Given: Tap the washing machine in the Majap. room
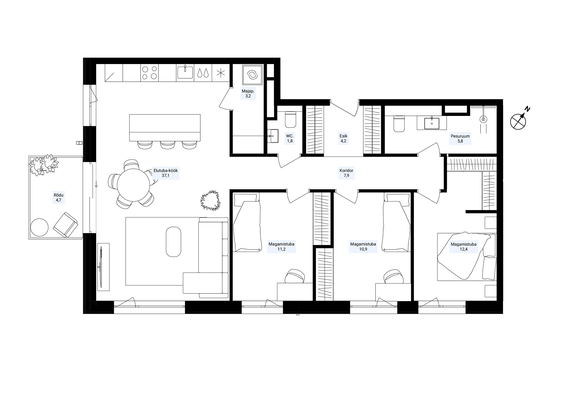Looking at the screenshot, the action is tap(252, 75).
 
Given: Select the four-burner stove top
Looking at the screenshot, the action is tap(150, 73).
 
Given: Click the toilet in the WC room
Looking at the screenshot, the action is tap(290, 120).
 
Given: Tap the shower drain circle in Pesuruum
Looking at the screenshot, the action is tap(483, 119).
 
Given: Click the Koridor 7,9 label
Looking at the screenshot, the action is tap(346, 173).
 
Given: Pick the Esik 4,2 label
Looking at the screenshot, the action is tap(343, 138).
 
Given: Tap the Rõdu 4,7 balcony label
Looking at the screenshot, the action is tap(59, 198).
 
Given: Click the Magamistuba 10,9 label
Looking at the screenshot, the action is tap(363, 247).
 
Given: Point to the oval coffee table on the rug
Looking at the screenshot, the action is tap(173, 242).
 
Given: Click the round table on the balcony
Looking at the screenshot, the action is tap(39, 227).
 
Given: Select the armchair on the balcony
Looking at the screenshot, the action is tap(65, 225).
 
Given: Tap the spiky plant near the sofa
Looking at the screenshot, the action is tap(211, 200).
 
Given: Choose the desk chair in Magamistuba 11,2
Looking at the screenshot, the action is tap(295, 276).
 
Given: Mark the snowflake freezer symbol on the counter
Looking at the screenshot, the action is tap(220, 73).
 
